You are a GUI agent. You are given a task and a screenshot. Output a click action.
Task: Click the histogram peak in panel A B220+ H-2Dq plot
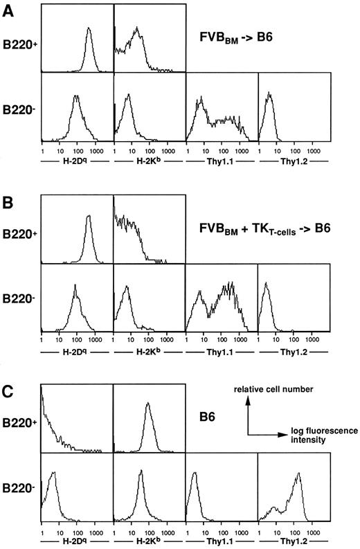[x=89, y=29]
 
